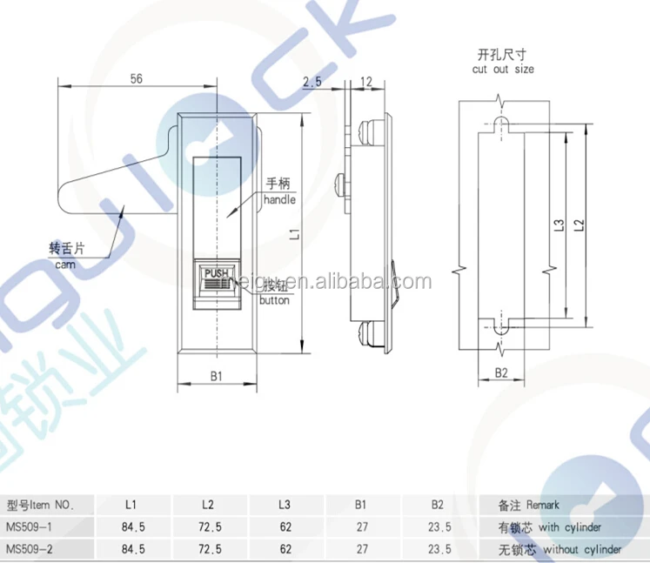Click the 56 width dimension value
tap(135, 77)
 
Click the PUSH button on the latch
tap(215, 273)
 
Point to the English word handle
tap(280, 200)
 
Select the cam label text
tap(66, 264)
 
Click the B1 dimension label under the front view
tap(217, 376)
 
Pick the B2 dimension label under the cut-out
tap(502, 372)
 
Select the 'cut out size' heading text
tap(503, 69)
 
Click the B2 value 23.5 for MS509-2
tap(439, 549)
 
